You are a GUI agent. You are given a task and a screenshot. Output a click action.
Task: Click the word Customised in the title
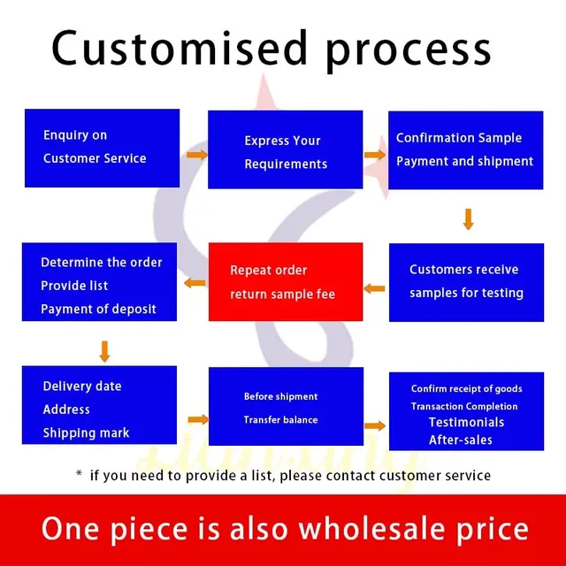(180, 48)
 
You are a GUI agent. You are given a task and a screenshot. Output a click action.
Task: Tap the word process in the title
(409, 52)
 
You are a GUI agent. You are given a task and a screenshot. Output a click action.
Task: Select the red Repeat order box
(286, 281)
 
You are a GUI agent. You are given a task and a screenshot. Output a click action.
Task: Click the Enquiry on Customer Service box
(103, 148)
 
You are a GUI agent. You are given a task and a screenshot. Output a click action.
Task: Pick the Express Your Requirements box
(285, 149)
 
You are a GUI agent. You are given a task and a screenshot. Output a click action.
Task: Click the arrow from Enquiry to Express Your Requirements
(196, 155)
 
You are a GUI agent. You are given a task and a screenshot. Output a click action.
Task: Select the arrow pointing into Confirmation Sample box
(375, 155)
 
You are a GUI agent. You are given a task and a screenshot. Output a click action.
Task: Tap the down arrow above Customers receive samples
(468, 219)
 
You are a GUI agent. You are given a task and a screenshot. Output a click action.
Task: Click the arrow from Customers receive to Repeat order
(374, 288)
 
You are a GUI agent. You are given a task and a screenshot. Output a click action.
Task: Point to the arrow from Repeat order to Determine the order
(195, 283)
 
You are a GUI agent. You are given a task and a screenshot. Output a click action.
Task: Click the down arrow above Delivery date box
(104, 351)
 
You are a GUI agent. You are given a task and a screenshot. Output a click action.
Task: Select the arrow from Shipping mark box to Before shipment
(198, 419)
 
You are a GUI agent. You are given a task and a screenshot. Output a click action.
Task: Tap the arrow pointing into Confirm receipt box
(375, 425)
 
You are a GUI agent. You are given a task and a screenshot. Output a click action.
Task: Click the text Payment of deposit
(98, 309)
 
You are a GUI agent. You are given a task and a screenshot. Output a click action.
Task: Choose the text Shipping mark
(86, 432)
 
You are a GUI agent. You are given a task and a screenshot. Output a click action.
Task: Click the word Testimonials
(466, 423)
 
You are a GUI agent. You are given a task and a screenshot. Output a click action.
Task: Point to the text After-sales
(461, 440)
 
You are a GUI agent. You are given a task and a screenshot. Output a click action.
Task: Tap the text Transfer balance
(281, 420)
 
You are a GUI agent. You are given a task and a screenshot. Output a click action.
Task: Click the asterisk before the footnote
(79, 473)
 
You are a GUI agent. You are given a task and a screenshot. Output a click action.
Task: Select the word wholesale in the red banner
(371, 529)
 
